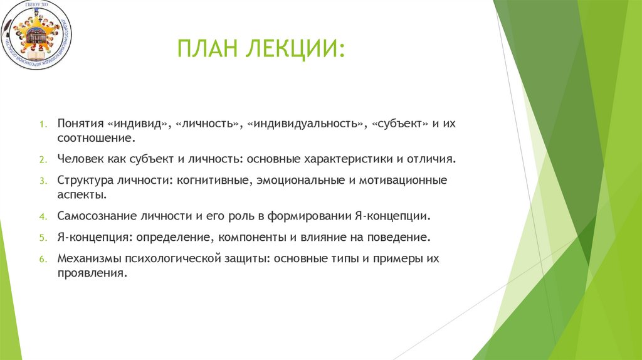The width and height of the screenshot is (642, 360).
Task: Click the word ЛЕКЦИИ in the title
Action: (x=297, y=49)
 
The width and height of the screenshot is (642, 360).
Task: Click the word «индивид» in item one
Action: (x=139, y=124)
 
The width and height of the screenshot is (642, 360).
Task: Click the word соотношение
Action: (x=95, y=137)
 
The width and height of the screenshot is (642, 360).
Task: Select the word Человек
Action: (x=80, y=159)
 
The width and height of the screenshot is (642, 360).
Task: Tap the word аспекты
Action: (x=81, y=195)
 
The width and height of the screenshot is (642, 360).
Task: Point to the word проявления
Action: (x=92, y=273)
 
